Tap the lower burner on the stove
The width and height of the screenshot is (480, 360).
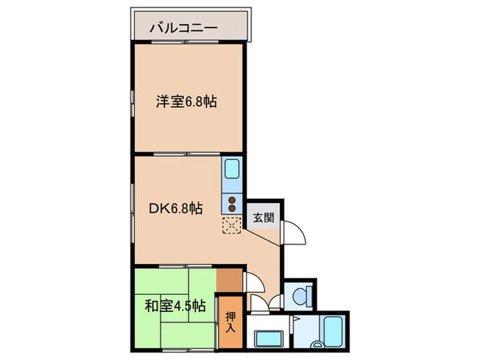(x=231, y=209)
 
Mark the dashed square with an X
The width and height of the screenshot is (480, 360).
(x=232, y=225)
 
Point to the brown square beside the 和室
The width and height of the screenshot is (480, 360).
(x=229, y=279)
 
